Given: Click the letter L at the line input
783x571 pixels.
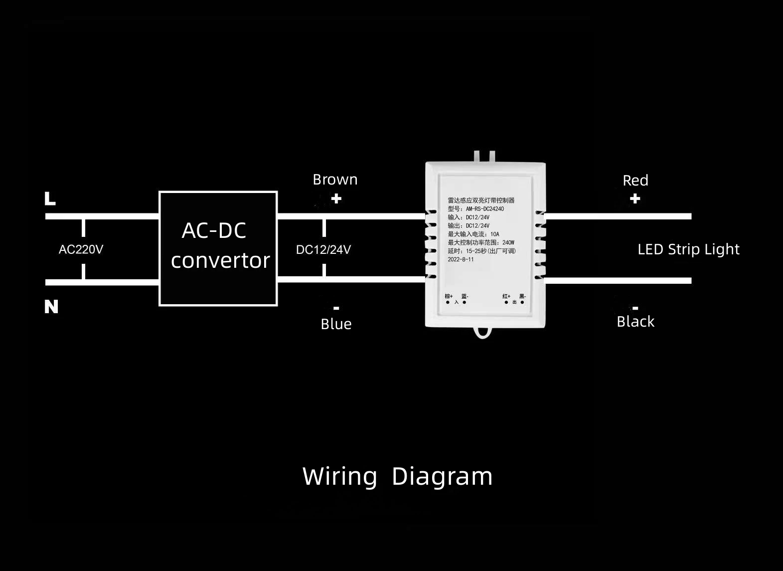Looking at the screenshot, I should tap(50, 198).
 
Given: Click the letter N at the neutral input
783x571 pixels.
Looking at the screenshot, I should tap(51, 306).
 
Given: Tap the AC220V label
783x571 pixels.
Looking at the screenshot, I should tap(81, 249).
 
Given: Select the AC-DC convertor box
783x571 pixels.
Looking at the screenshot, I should tap(218, 248).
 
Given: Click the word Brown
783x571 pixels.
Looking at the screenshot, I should tap(335, 180).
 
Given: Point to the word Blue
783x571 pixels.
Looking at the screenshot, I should tap(336, 324).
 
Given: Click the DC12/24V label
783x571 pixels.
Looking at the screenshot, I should tap(323, 250).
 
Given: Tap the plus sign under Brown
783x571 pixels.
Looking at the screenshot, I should tap(336, 198).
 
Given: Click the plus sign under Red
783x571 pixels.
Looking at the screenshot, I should tap(635, 199).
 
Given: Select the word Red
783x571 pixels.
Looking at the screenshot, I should tap(635, 181).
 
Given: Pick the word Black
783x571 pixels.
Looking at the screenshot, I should tap(635, 322).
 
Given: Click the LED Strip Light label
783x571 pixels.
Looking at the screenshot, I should tap(688, 249).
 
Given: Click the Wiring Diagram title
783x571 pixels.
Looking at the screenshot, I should tap(397, 476).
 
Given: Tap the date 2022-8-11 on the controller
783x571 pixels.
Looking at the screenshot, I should tap(461, 259).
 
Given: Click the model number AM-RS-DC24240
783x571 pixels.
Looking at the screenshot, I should tap(484, 209).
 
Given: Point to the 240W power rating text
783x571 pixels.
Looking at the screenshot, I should tap(508, 242).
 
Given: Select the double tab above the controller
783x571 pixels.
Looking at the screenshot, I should tap(484, 156).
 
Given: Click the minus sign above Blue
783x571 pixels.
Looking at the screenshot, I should tap(336, 308).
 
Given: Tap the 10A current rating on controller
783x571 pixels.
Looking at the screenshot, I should tap(494, 234).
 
